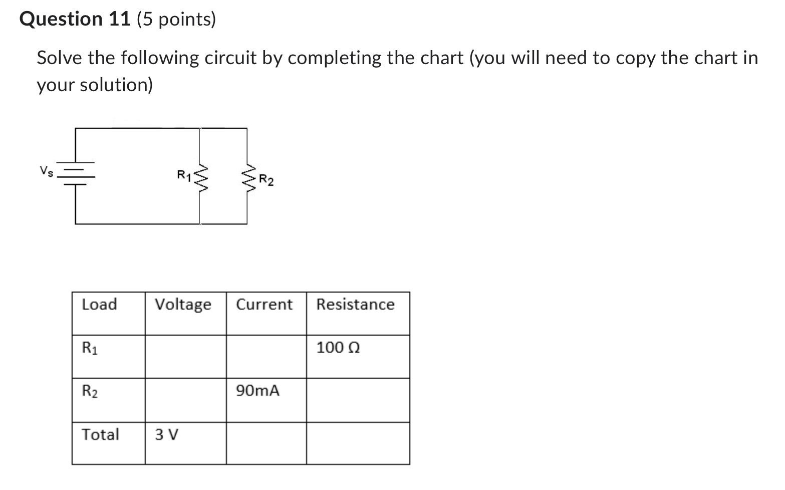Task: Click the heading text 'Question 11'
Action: pos(75,20)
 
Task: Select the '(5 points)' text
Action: pos(176,20)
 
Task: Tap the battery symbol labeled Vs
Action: pos(76,173)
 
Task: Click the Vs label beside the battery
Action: pos(46,171)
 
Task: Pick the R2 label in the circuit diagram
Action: pos(266,180)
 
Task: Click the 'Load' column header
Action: pos(99,305)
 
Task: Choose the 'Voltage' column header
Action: pos(183,305)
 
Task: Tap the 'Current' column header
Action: pos(264,305)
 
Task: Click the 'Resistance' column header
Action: pos(355,305)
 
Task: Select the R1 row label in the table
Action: pos(90,348)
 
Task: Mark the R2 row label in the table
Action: pos(90,391)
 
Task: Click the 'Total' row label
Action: pos(100,434)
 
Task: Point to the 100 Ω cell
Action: pos(338,348)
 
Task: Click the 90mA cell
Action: pos(257,391)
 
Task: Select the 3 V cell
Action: pos(166,434)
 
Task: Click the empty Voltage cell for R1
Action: pos(185,356)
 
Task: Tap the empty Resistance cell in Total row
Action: pos(358,443)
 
